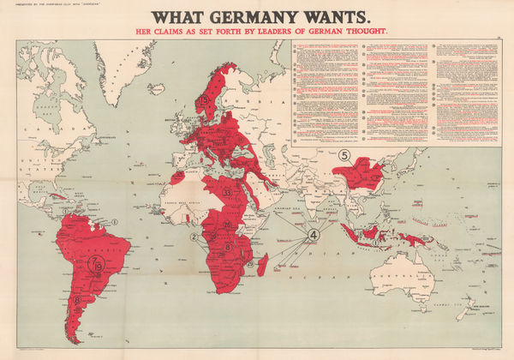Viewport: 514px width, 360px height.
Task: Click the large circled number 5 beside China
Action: [x=345, y=155]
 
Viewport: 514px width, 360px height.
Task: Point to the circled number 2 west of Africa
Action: [x=194, y=237]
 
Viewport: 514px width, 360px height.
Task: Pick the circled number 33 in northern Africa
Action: [x=228, y=194]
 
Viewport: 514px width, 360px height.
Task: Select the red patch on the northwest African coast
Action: [x=177, y=177]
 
